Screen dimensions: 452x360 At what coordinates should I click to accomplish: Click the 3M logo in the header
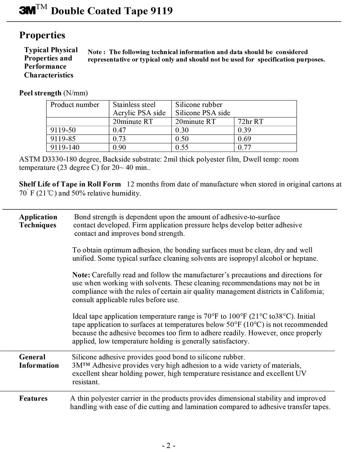point(27,11)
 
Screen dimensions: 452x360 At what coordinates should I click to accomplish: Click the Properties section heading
point(42,35)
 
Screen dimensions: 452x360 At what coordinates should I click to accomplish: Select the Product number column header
point(75,105)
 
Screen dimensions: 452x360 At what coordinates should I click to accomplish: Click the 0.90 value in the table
point(120,147)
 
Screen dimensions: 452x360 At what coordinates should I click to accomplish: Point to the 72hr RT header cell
point(251,122)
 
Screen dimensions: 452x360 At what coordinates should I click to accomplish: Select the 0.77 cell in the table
point(244,147)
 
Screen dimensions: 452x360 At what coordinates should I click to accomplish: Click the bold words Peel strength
point(40,93)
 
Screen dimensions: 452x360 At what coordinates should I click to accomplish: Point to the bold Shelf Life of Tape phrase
point(70,184)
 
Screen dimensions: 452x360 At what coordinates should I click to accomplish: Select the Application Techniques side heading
point(38,221)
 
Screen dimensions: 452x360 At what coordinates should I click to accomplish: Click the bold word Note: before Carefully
point(81,275)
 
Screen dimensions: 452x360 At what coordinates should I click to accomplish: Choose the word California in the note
point(305,292)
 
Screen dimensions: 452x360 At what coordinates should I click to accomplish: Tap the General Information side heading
point(39,361)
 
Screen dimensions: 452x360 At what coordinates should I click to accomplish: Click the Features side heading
point(33,399)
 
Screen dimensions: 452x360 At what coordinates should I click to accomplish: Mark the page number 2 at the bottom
point(168,446)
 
